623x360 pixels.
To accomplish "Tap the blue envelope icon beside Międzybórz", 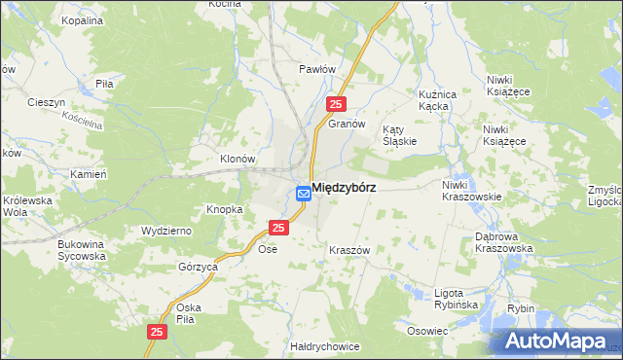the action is point(303,194).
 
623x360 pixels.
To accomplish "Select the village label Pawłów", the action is point(317,70).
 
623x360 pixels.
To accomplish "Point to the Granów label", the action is point(346,125).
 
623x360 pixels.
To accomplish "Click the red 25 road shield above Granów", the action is point(336,104).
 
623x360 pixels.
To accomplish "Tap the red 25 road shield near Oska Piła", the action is point(158,332).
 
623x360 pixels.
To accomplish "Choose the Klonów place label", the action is point(237,159).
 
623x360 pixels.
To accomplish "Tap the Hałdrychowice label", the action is point(325,346).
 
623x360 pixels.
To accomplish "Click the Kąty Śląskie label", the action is point(399,134).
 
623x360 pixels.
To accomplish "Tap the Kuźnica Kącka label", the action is point(437,100).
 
